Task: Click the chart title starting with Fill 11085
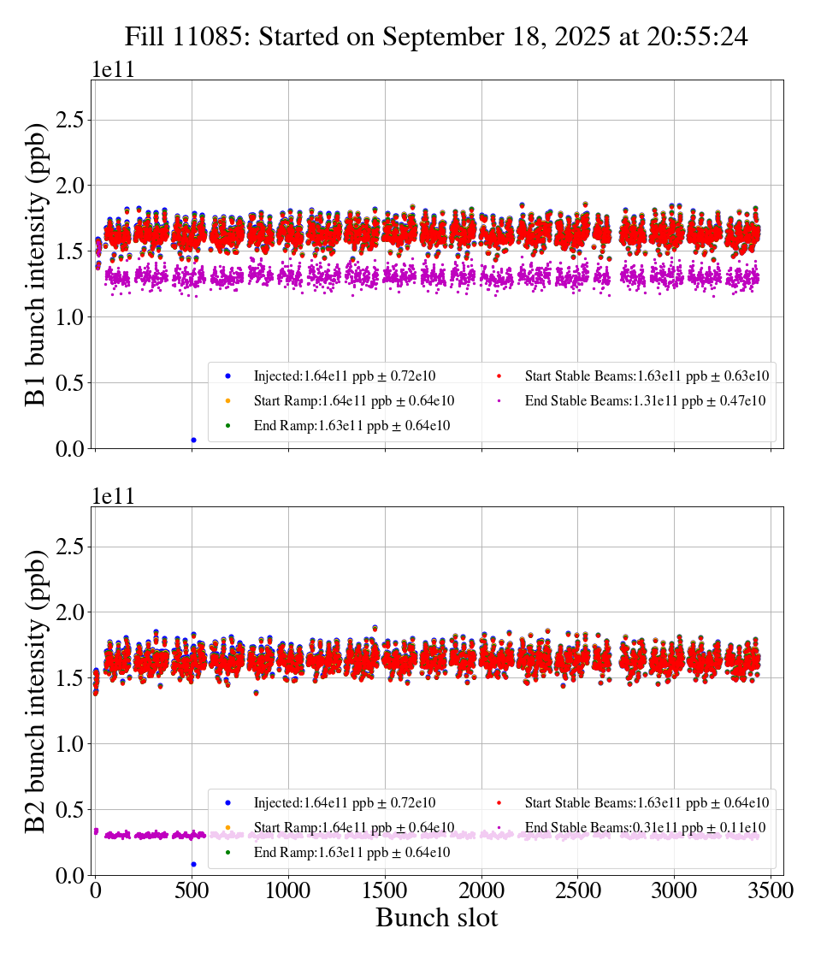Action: click(x=436, y=36)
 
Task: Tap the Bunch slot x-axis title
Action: click(x=436, y=918)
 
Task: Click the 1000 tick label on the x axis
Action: click(x=288, y=890)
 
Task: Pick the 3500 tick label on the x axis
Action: click(x=771, y=890)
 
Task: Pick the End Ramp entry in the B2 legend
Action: click(x=351, y=853)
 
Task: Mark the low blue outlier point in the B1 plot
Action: click(x=193, y=440)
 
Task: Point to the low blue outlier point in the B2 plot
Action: click(x=193, y=864)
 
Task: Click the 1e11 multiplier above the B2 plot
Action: click(x=113, y=496)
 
